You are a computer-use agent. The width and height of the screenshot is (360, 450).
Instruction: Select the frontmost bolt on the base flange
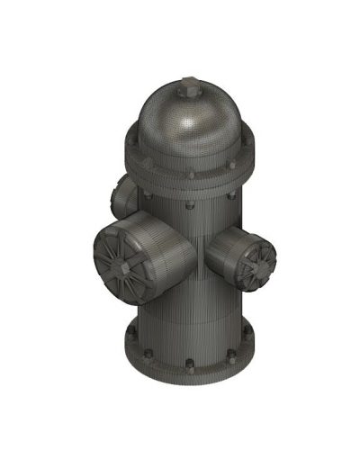pyautogui.click(x=190, y=364)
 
